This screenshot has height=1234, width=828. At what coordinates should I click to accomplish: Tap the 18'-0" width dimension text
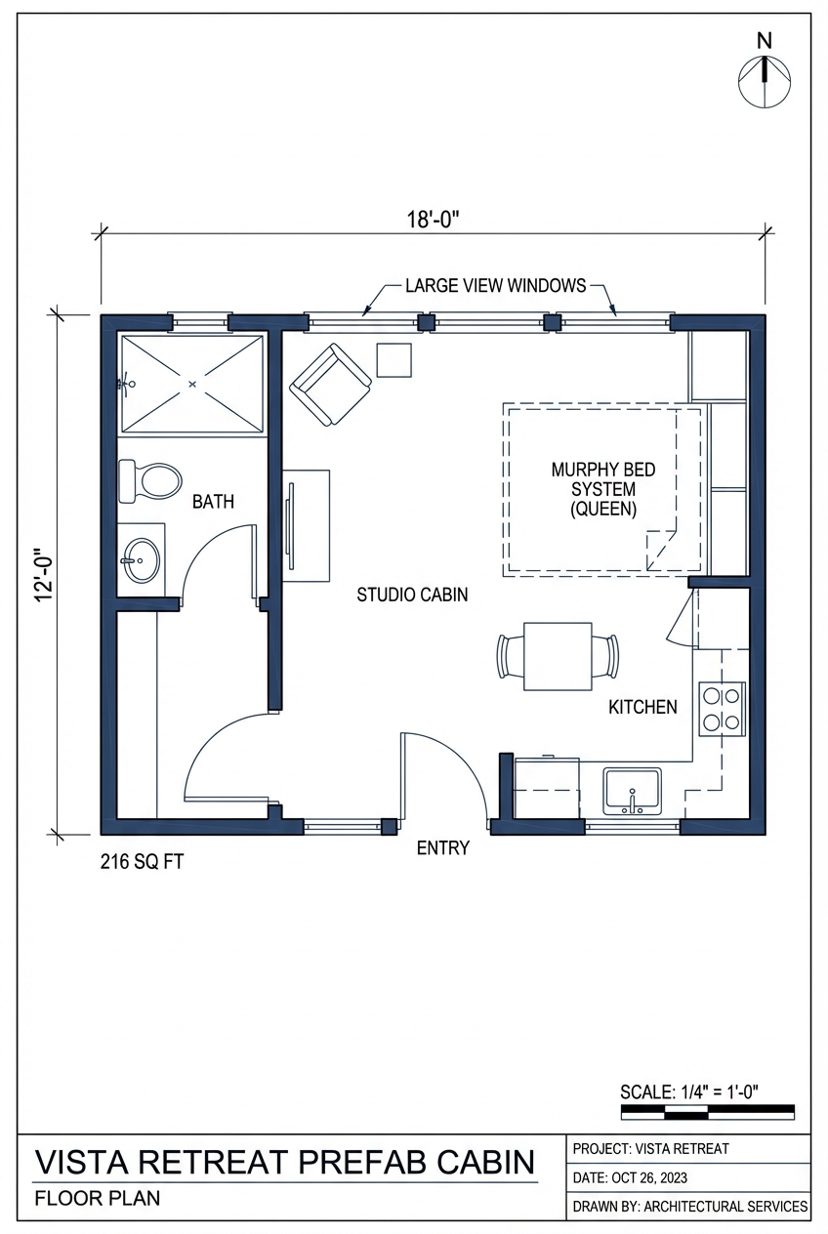(433, 219)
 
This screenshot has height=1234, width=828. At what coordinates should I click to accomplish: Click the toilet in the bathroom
(149, 481)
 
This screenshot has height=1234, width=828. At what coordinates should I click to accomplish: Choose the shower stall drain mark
(191, 385)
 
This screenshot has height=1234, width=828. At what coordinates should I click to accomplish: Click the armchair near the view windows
(331, 384)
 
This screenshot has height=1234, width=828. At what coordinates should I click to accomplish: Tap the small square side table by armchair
(395, 360)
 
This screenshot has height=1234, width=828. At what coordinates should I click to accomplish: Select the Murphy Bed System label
(603, 489)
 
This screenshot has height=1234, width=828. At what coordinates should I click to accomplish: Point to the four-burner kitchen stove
(723, 708)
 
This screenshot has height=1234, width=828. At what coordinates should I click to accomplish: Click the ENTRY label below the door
(442, 847)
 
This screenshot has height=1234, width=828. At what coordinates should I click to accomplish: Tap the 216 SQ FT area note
(143, 862)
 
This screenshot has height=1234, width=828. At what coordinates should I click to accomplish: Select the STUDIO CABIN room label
(411, 595)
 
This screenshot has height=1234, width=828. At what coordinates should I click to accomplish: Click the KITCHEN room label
(642, 707)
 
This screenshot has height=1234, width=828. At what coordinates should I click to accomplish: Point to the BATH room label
(213, 502)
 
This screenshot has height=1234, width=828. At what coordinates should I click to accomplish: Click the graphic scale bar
(707, 1112)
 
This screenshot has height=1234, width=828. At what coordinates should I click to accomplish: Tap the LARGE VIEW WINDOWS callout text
(496, 286)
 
